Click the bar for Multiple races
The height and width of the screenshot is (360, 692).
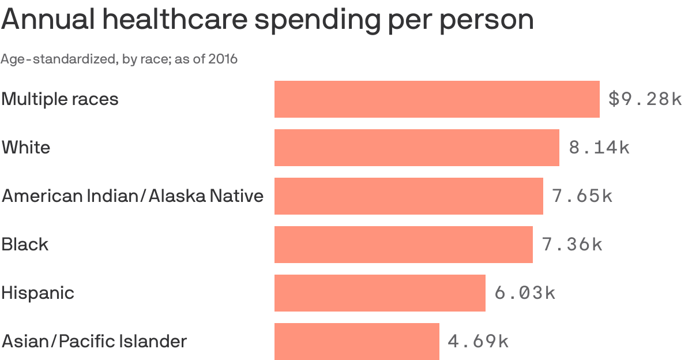coord(437,99)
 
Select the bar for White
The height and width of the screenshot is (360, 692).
coord(416,148)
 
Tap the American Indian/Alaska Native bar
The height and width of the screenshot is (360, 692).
coord(408,196)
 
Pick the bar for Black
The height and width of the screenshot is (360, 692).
coord(403,245)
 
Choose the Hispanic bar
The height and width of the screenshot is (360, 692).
coord(379,293)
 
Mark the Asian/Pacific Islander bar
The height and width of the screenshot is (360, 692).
coord(356,342)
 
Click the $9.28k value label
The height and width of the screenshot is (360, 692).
coord(645,99)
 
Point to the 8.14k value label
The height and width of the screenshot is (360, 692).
coord(599,148)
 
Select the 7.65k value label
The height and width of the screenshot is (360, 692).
coord(582,196)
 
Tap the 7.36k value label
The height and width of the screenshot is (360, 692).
coord(572,245)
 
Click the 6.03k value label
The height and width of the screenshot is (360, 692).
coord(525,293)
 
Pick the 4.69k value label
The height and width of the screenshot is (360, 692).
coord(478,342)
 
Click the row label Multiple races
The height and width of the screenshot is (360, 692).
coord(60,99)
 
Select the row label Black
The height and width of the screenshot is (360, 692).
coord(25,245)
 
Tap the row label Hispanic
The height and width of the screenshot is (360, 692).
coord(37,293)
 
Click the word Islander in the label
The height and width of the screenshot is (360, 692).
coord(155,342)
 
